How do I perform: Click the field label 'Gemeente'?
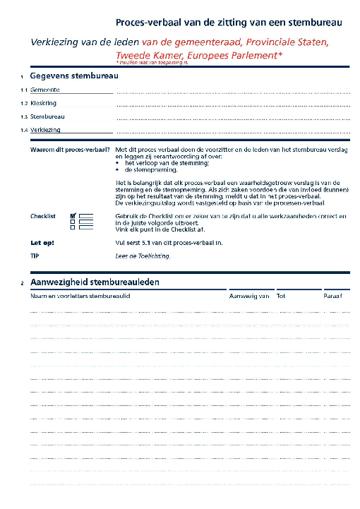tap(44, 90)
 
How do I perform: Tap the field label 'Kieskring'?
tap(44, 103)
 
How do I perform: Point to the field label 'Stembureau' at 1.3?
tap(47, 116)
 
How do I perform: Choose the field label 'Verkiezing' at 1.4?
tap(45, 130)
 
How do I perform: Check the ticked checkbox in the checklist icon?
tap(73, 215)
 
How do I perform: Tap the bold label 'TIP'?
tap(35, 256)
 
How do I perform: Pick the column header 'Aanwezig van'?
tap(250, 296)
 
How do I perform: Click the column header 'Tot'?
tap(281, 296)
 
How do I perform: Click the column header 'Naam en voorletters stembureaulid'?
tap(80, 296)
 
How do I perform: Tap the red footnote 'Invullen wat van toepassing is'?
tap(148, 64)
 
